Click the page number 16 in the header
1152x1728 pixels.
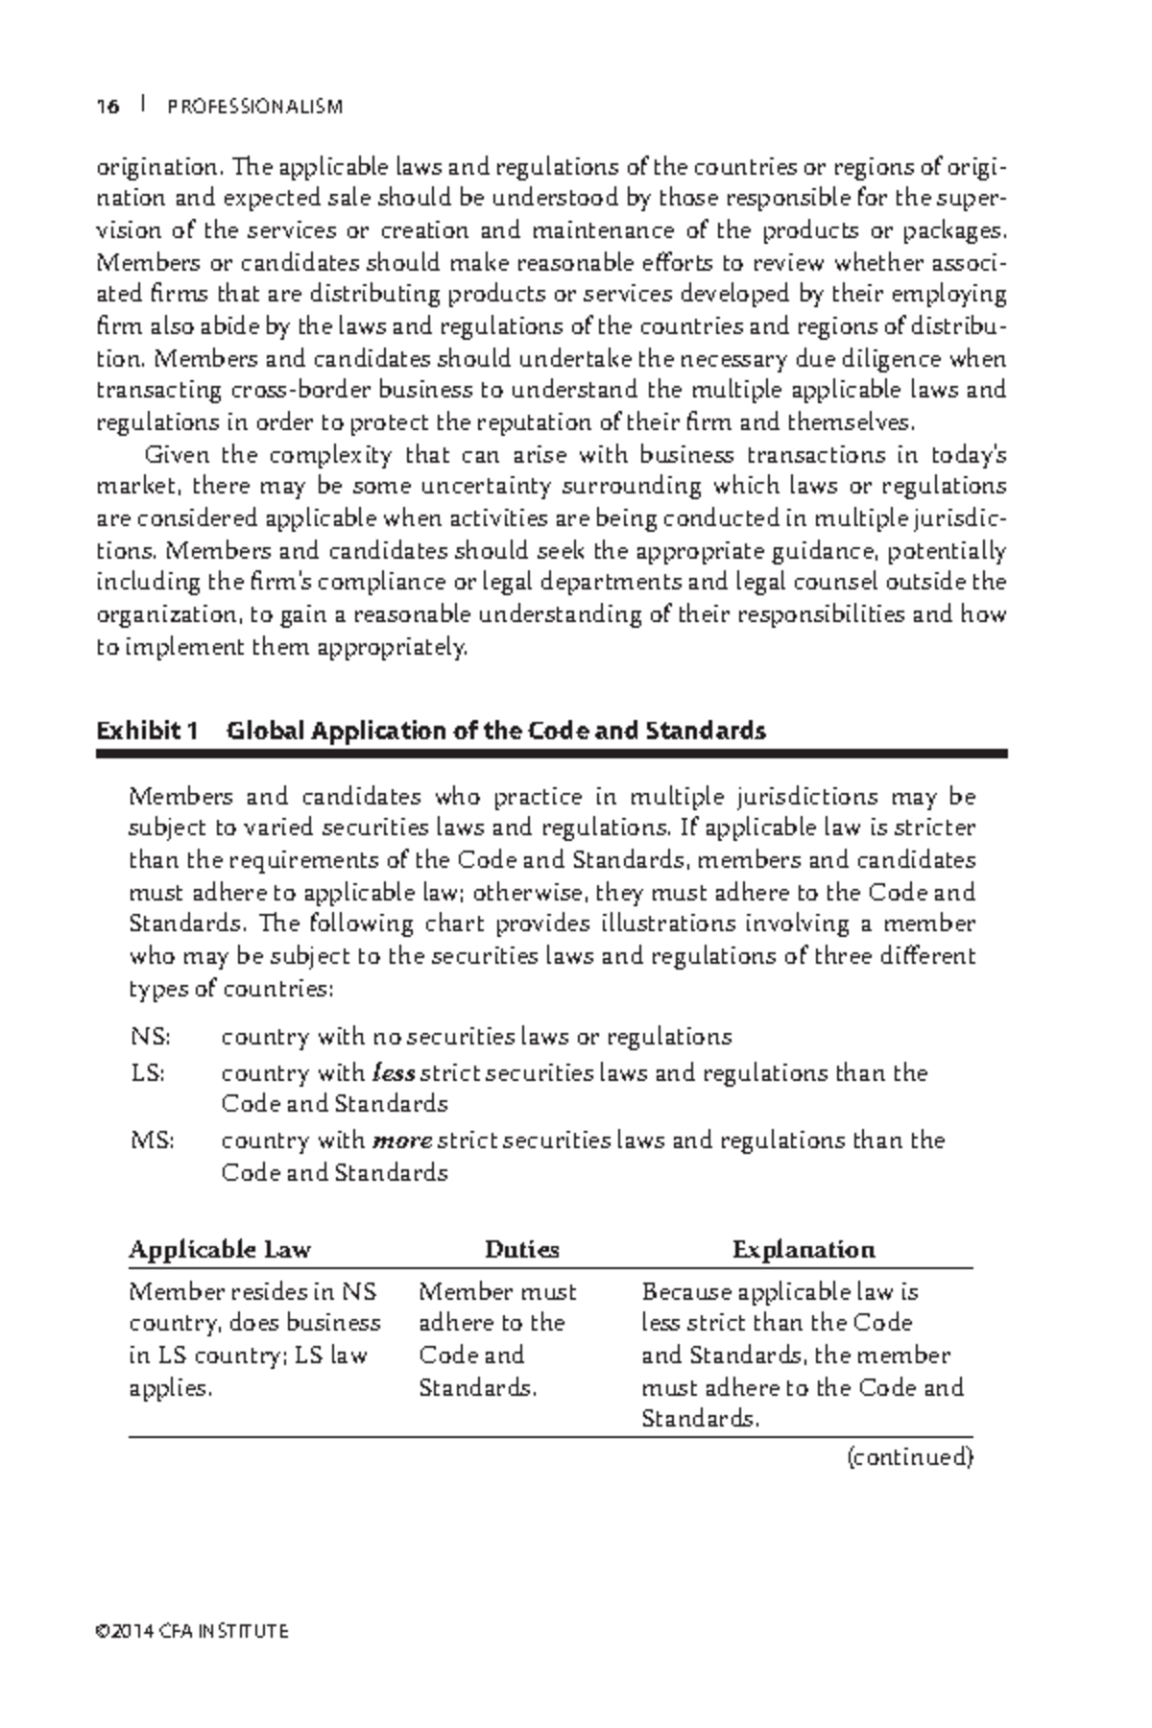point(108,107)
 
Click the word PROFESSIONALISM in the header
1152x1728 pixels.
point(254,107)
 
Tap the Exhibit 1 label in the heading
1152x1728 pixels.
point(147,732)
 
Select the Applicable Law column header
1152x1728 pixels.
point(220,1250)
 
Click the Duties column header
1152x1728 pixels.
point(521,1250)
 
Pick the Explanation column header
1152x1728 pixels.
point(804,1250)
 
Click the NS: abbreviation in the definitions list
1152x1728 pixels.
point(150,1038)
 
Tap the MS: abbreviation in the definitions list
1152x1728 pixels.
point(152,1141)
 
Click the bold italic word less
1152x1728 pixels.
point(393,1073)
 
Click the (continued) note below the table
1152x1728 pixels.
point(909,1457)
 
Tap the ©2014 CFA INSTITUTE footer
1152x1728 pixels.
point(192,1631)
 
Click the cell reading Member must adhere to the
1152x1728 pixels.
point(497,1307)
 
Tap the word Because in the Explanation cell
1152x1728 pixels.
point(686,1292)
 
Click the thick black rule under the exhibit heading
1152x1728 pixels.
point(551,755)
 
